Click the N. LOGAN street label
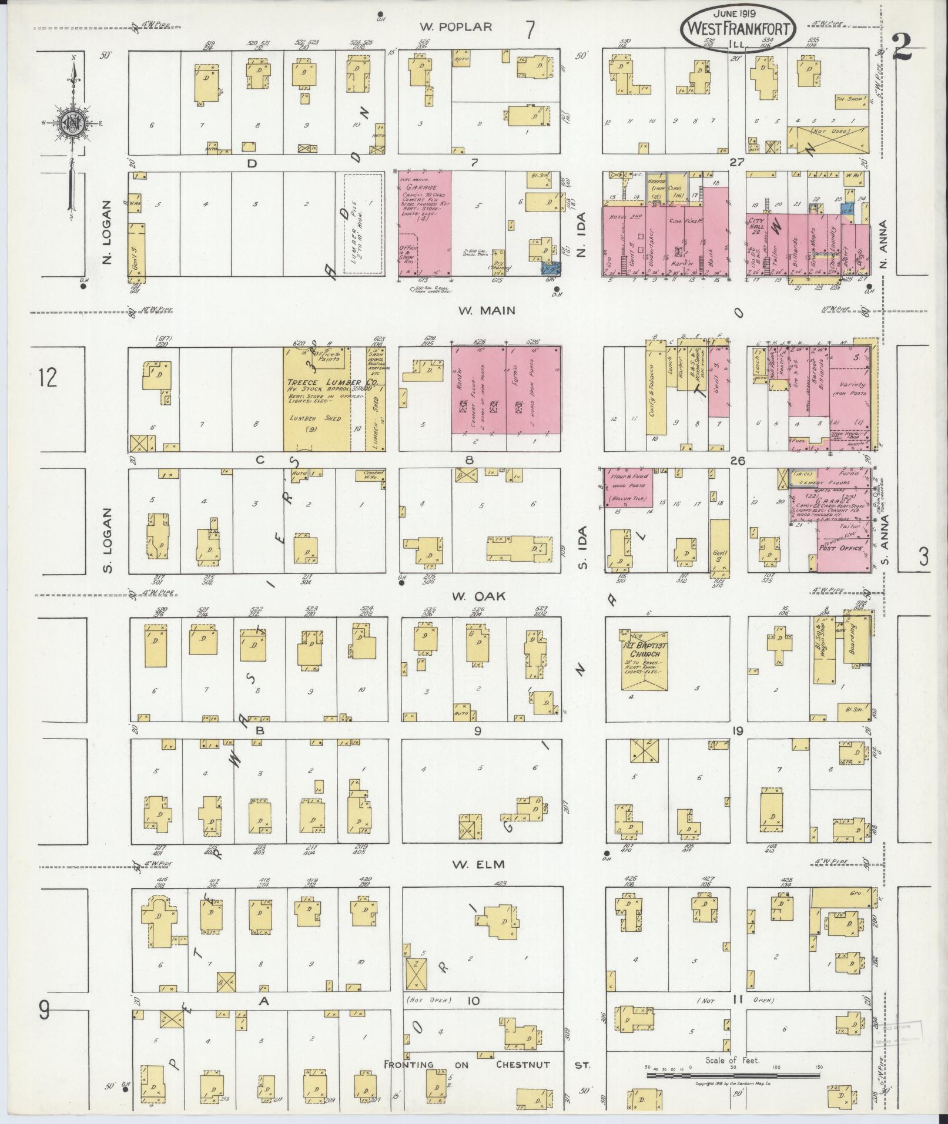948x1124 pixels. [107, 232]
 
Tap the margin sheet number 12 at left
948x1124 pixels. [48, 378]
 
